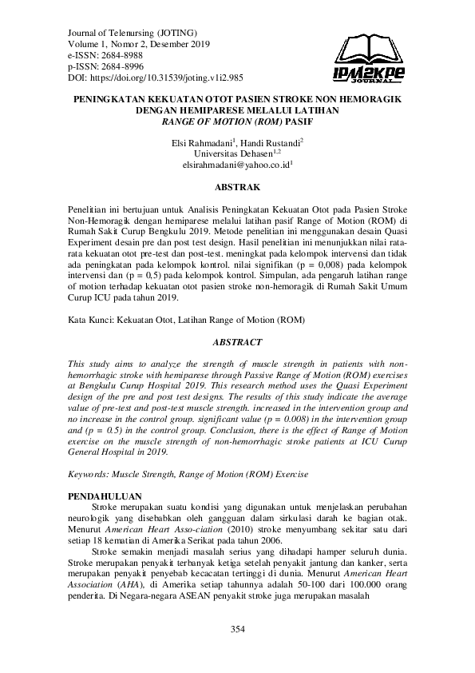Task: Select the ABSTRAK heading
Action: pos(237,188)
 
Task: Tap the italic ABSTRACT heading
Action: pos(237,342)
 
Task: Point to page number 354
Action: pos(237,630)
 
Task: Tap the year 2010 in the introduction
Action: pos(215,530)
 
